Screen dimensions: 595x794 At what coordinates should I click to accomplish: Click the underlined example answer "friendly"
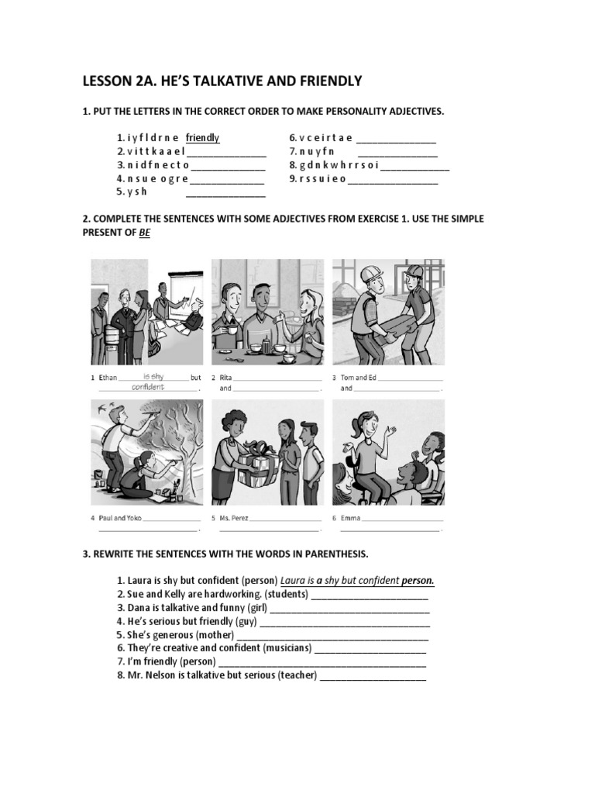pyautogui.click(x=202, y=138)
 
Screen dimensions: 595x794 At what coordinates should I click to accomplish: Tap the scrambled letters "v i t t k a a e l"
pyautogui.click(x=156, y=151)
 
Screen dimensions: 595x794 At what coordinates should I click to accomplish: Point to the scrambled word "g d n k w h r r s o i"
pyautogui.click(x=339, y=165)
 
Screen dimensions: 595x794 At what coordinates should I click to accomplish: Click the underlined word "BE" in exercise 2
pyautogui.click(x=145, y=233)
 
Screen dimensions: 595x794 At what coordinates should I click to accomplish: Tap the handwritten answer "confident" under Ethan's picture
pyautogui.click(x=148, y=387)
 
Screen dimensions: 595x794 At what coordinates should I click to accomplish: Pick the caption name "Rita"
pyautogui.click(x=225, y=378)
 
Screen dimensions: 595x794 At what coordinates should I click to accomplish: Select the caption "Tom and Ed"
pyautogui.click(x=358, y=378)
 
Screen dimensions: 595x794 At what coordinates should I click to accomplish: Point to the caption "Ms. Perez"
pyautogui.click(x=234, y=518)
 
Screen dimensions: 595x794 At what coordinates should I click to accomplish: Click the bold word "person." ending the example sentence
pyautogui.click(x=418, y=580)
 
